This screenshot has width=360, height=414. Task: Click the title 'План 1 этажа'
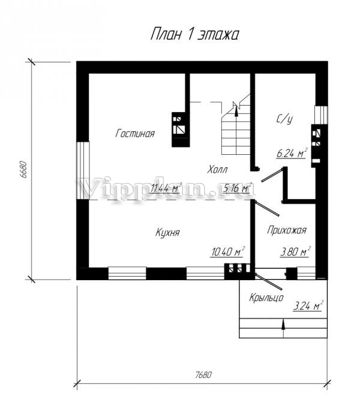(x=194, y=34)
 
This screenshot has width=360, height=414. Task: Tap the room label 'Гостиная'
(x=135, y=133)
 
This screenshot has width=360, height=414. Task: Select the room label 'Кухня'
(x=167, y=233)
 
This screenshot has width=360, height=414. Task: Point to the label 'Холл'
(x=217, y=169)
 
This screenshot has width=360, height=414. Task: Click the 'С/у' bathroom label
(x=284, y=119)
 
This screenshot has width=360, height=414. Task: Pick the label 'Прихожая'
(x=287, y=230)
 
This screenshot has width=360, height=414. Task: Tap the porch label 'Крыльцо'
(x=266, y=298)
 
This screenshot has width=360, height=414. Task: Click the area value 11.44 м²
(x=166, y=188)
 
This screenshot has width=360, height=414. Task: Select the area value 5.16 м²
(x=237, y=188)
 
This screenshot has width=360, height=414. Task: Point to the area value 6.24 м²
(x=292, y=153)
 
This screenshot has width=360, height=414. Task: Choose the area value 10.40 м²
(x=227, y=251)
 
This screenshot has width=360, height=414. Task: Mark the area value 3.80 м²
(x=295, y=251)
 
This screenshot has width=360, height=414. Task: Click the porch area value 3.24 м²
(x=308, y=306)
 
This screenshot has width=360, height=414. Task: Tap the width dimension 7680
(x=203, y=374)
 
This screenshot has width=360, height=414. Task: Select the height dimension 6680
(x=23, y=170)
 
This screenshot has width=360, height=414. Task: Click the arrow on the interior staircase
(x=236, y=109)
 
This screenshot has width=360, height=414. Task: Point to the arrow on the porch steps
(x=283, y=325)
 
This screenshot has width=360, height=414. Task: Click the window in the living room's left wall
(x=83, y=170)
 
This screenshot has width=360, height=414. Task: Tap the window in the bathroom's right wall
(x=321, y=115)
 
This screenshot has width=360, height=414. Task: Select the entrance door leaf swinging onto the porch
(x=268, y=282)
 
